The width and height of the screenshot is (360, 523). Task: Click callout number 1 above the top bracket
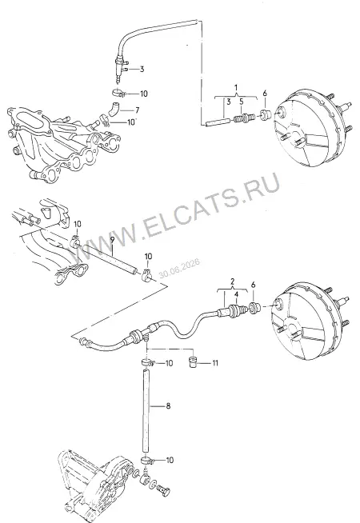pyautogui.click(x=236, y=88)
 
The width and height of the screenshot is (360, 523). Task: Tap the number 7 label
pyautogui.click(x=137, y=110)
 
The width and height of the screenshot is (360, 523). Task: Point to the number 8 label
pyautogui.click(x=168, y=406)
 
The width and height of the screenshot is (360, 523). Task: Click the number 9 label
pyautogui.click(x=112, y=240)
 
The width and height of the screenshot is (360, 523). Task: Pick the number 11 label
pyautogui.click(x=215, y=362)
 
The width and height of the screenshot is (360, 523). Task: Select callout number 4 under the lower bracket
pyautogui.click(x=236, y=294)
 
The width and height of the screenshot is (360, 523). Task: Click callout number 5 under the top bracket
pyautogui.click(x=242, y=102)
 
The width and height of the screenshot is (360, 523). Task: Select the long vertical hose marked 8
pyautogui.click(x=146, y=413)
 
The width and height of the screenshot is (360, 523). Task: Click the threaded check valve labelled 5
pyautogui.click(x=246, y=118)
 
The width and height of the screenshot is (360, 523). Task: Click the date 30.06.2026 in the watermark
pyautogui.click(x=179, y=268)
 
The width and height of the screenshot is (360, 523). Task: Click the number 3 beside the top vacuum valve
pyautogui.click(x=142, y=70)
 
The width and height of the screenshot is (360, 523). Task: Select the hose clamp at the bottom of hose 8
pyautogui.click(x=148, y=461)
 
